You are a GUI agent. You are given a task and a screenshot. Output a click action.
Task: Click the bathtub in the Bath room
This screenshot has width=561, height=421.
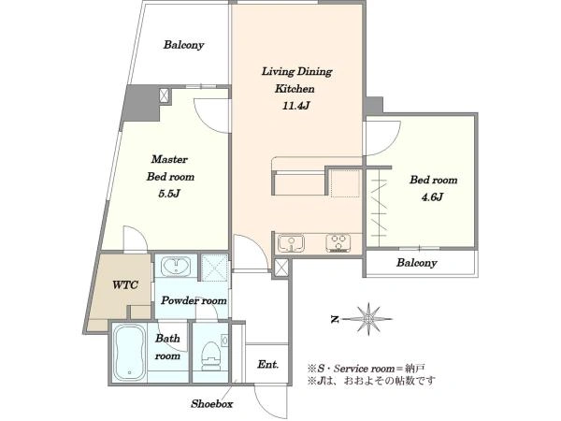pyautogui.click(x=129, y=354)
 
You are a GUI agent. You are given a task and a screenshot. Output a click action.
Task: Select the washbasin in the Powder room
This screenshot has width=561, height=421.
pyautogui.click(x=176, y=267)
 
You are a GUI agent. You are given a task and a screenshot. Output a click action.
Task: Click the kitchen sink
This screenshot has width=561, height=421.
pyautogui.click(x=291, y=243)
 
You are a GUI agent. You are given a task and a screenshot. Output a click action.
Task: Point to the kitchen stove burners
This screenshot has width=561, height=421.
pyautogui.click(x=338, y=242)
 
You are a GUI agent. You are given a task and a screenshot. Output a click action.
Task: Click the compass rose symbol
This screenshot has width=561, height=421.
pyautogui.click(x=368, y=319)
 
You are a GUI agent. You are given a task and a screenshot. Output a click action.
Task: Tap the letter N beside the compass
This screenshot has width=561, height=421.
pyautogui.click(x=335, y=319)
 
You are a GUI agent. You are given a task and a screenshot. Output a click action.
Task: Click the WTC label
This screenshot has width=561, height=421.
pyautogui.click(x=125, y=285)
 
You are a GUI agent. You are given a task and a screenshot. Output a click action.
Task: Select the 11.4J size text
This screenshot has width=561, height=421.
pyautogui.click(x=295, y=106)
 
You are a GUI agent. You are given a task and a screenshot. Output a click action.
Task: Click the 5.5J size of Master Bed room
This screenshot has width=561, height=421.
pyautogui.click(x=169, y=194)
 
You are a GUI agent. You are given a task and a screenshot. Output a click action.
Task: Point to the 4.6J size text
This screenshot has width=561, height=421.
pyautogui.click(x=432, y=196)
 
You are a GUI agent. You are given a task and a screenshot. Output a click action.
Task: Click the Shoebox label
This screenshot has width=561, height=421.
pyautogui.click(x=212, y=404)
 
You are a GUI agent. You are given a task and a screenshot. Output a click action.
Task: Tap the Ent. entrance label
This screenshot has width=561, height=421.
pyautogui.click(x=267, y=365)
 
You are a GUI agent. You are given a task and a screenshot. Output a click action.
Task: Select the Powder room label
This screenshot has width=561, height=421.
pyautogui.click(x=194, y=300)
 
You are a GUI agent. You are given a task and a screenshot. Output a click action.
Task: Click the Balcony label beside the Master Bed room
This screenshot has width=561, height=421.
pyautogui.click(x=183, y=45)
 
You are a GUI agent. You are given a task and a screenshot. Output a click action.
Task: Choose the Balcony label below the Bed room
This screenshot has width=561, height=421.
pyautogui.click(x=416, y=263)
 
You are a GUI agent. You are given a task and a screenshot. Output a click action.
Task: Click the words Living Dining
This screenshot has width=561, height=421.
pyautogui.click(x=296, y=72)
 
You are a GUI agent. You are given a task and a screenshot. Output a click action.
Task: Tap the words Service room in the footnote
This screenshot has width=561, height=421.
pyautogui.click(x=365, y=369)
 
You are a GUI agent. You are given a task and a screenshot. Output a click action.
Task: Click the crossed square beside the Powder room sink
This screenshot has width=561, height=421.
pyautogui.click(x=214, y=267)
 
